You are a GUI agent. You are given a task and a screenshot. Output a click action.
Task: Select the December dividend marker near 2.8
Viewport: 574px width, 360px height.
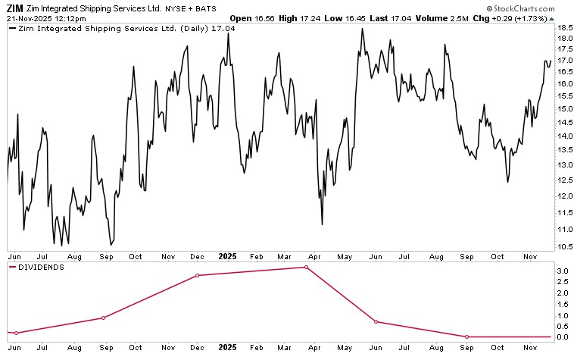point(197,275)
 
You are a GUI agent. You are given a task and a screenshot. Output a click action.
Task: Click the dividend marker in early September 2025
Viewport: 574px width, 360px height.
point(467,337)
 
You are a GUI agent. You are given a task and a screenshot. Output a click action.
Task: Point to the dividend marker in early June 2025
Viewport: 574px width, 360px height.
point(376,321)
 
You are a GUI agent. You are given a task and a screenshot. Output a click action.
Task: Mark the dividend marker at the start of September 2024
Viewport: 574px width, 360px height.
point(103,318)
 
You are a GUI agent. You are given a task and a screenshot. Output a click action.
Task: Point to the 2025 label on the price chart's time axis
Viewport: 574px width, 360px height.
point(229,257)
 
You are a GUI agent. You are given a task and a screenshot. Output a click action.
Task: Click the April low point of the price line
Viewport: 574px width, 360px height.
point(323,224)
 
